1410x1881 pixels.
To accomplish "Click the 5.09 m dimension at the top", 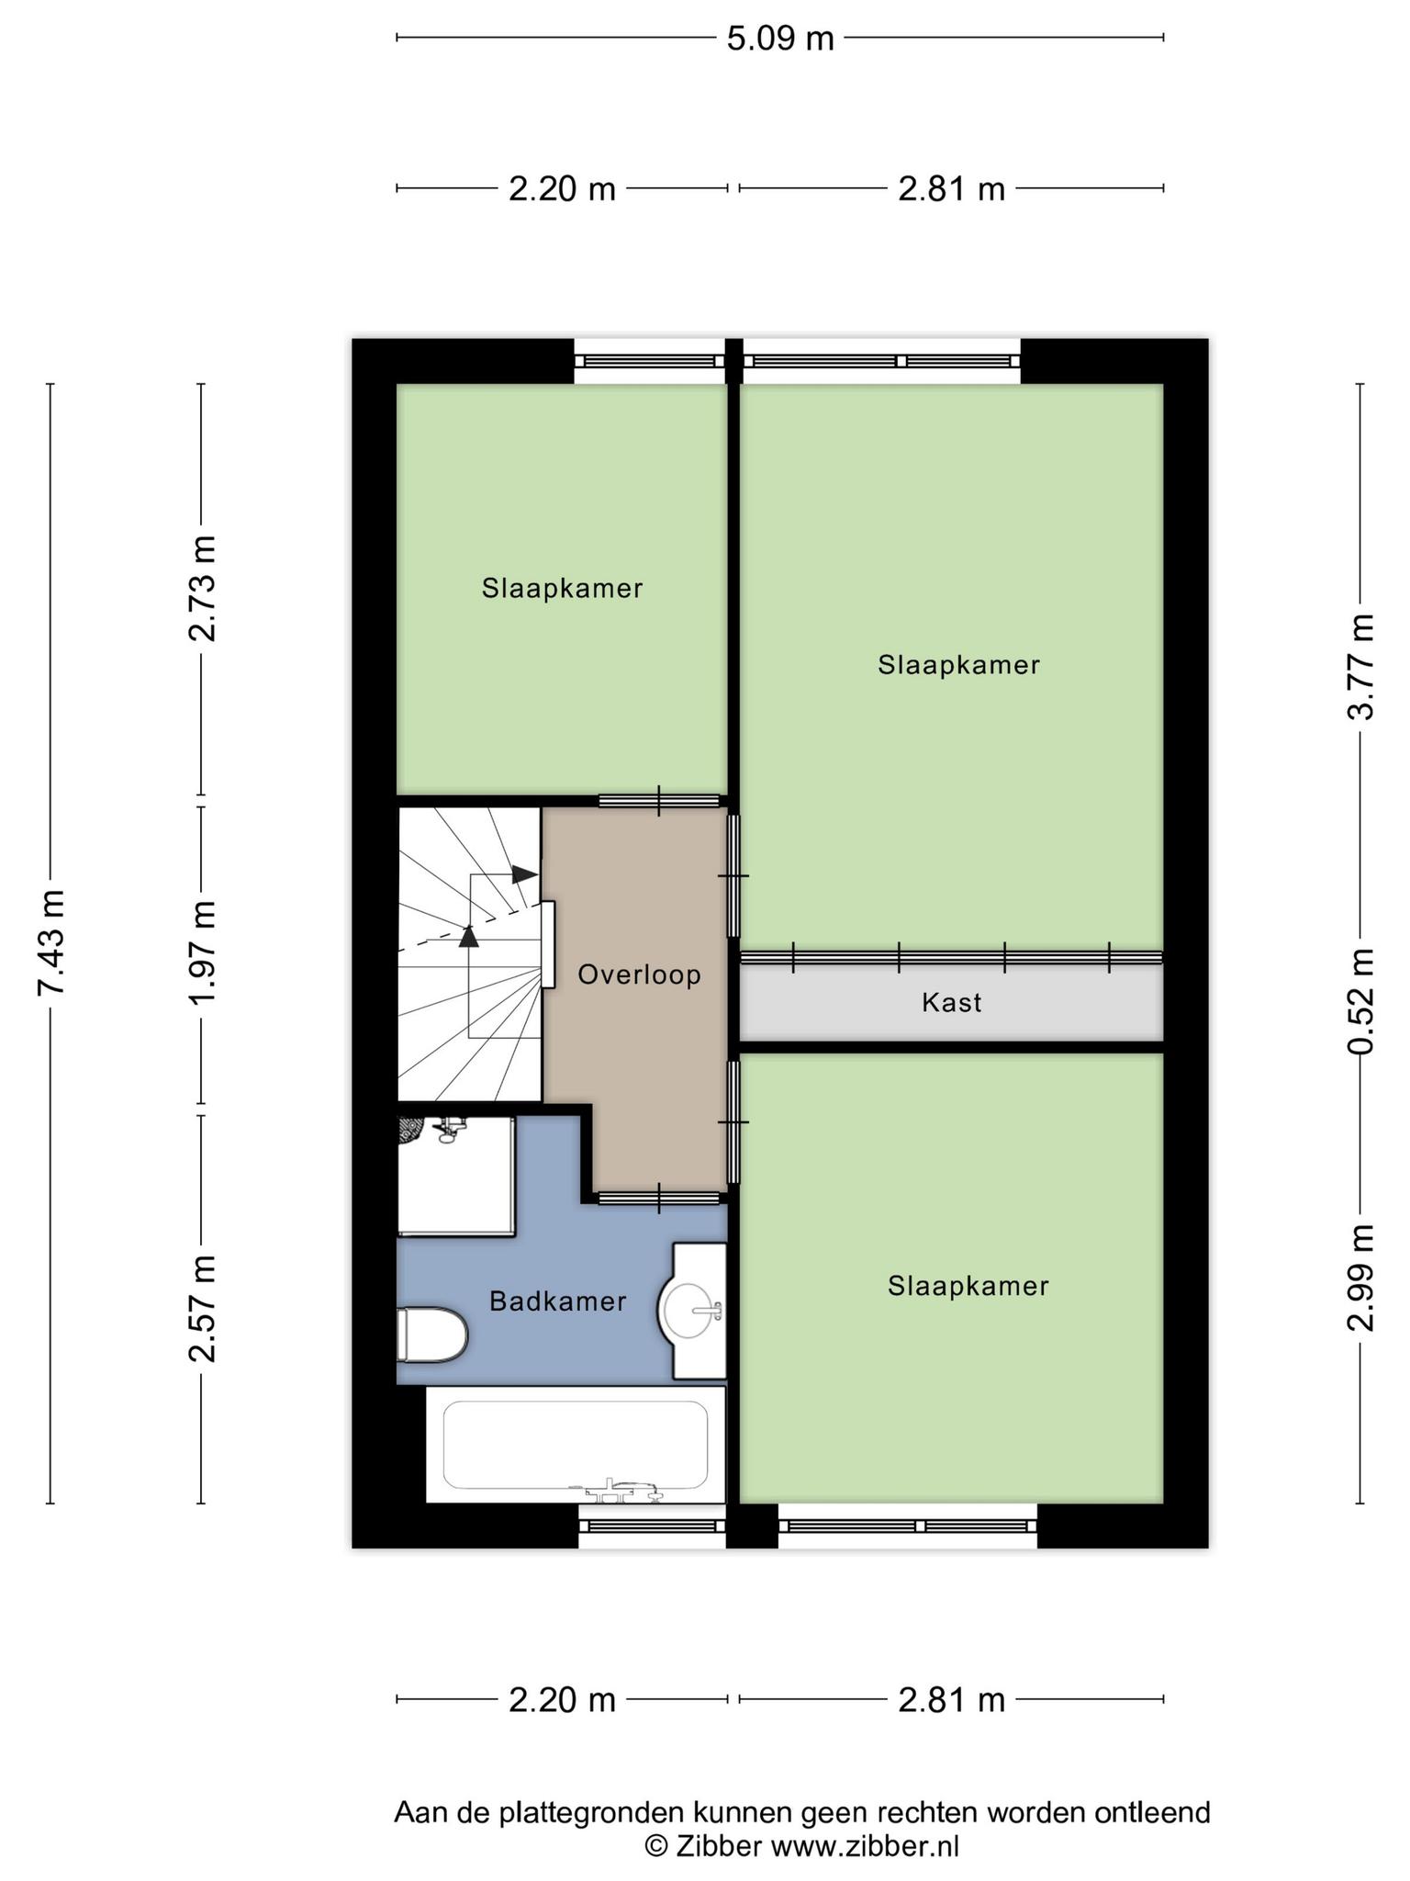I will [x=780, y=39].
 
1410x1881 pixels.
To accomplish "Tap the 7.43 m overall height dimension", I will [x=51, y=941].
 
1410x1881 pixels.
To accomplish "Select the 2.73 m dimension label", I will [x=202, y=588].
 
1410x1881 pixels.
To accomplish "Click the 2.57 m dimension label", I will [x=202, y=1308].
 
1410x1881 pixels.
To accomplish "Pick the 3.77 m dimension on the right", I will [x=1360, y=667].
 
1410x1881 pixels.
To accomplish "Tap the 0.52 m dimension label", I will [x=1360, y=1001].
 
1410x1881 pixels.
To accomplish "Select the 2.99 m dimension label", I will [x=1360, y=1277].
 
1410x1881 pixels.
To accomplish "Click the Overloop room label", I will [x=639, y=974].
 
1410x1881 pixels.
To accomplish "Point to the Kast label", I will [x=951, y=1002].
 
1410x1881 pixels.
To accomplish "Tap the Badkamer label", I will [x=557, y=1301].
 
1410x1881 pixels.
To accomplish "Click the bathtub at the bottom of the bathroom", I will [x=576, y=1444].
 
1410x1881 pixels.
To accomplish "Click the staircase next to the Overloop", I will [x=468, y=955].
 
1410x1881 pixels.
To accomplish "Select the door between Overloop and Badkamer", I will [x=658, y=1198].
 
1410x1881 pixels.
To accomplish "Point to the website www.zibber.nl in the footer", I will [x=864, y=1846].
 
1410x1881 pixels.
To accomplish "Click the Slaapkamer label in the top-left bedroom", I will [x=562, y=589].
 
